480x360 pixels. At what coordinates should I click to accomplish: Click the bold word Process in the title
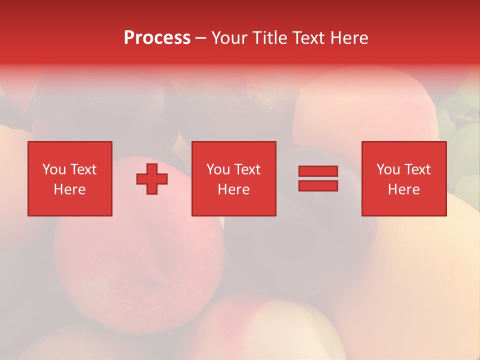coord(157,38)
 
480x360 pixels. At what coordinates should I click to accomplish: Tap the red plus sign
coord(152,179)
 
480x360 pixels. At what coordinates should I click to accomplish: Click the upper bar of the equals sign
coord(318,171)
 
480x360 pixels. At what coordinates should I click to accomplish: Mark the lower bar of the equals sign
coord(318,186)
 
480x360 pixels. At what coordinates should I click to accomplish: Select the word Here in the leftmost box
coord(70,189)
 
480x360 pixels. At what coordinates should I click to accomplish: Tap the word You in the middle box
coord(218,169)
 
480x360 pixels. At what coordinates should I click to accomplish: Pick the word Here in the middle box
coord(234,189)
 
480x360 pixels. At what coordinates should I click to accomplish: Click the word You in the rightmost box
coord(388,169)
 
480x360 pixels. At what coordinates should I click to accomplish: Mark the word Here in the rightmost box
coord(404,189)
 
